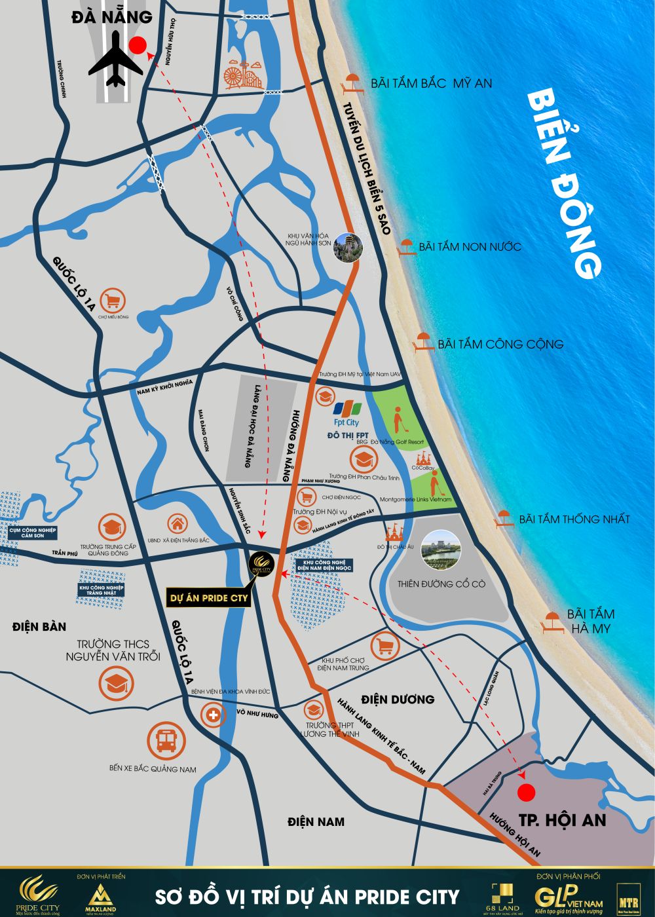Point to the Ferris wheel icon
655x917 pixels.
pyautogui.click(x=236, y=75)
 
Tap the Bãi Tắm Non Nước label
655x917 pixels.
pyautogui.click(x=470, y=247)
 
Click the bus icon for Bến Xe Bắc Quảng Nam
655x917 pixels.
pyautogui.click(x=166, y=741)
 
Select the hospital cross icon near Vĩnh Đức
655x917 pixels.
pyautogui.click(x=214, y=715)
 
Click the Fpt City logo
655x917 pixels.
pyautogui.click(x=346, y=413)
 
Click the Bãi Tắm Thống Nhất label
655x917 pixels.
pyautogui.click(x=574, y=519)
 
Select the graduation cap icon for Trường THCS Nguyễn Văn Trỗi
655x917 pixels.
pyautogui.click(x=117, y=683)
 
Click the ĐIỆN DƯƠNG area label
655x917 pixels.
pyautogui.click(x=398, y=700)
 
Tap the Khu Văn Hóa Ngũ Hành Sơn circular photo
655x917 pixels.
pyautogui.click(x=348, y=248)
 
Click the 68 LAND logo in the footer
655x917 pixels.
pyautogui.click(x=506, y=895)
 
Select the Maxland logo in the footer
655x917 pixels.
pyautogui.click(x=100, y=897)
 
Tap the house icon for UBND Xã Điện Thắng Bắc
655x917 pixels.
pyautogui.click(x=177, y=524)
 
